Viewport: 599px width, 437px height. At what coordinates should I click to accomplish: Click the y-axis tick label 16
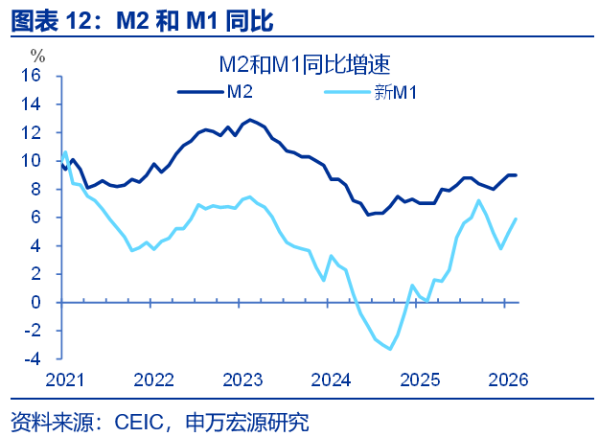(32, 76)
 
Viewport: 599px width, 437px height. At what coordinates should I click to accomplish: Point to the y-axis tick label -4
(32, 359)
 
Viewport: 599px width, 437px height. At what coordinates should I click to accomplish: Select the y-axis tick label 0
(37, 303)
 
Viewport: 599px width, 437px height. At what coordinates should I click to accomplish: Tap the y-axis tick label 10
(32, 161)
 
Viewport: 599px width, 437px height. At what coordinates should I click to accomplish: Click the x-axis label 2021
(64, 379)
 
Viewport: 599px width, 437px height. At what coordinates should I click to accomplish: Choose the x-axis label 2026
(507, 379)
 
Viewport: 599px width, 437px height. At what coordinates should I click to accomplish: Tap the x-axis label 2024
(331, 379)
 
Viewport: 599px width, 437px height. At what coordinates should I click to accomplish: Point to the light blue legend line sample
(348, 92)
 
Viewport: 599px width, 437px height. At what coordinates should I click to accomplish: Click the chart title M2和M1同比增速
(303, 64)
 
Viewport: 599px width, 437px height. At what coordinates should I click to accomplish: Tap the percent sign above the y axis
(37, 55)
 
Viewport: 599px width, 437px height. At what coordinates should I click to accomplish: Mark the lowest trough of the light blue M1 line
(389, 349)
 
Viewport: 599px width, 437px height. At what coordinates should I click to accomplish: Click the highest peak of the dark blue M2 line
(250, 120)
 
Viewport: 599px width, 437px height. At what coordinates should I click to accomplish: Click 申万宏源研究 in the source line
(254, 422)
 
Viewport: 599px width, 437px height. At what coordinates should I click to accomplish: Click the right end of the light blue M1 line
(517, 218)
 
